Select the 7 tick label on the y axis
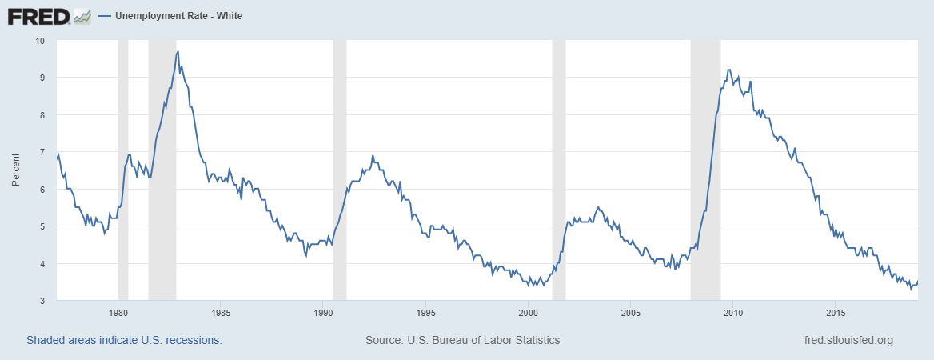(x=42, y=152)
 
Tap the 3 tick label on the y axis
(x=42, y=301)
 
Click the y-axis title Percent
(x=16, y=170)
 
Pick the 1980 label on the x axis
(x=118, y=312)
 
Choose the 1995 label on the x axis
(x=426, y=312)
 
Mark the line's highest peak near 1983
(x=178, y=52)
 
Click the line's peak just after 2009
(x=728, y=70)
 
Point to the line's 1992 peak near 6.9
(x=373, y=156)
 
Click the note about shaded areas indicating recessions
(x=124, y=340)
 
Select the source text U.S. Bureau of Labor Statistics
(x=462, y=340)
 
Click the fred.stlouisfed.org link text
(x=848, y=340)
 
